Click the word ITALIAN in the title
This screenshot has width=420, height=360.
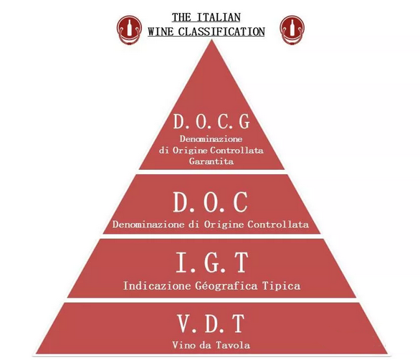click(219, 17)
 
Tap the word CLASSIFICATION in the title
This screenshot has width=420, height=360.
click(221, 32)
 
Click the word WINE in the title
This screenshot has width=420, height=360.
click(161, 32)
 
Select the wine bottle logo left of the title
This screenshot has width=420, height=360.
click(129, 29)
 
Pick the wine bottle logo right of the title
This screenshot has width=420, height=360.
click(292, 29)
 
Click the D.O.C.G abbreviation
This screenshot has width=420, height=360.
click(211, 121)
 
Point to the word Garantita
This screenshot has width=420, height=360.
click(211, 161)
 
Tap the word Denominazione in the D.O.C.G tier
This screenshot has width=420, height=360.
click(211, 139)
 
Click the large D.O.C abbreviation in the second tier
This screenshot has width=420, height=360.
click(210, 202)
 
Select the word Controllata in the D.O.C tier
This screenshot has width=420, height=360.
click(278, 224)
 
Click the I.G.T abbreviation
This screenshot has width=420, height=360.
click(212, 262)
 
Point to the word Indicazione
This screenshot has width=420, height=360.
click(157, 285)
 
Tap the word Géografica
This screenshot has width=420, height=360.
click(226, 285)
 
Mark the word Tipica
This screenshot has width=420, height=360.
click(281, 285)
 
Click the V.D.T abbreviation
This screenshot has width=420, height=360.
click(211, 323)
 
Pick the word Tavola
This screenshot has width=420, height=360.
click(233, 345)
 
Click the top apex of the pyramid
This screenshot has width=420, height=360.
click(211, 39)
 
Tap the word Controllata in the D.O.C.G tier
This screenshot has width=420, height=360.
click(237, 150)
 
